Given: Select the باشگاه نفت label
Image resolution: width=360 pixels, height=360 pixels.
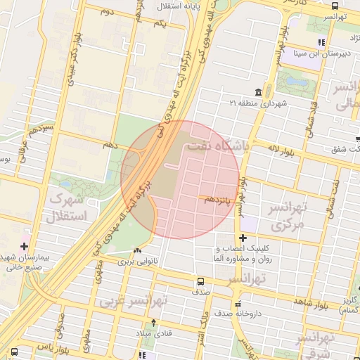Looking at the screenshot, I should pyautogui.click(x=218, y=146).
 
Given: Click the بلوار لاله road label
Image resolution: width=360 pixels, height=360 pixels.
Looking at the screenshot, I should pyautogui.click(x=283, y=148).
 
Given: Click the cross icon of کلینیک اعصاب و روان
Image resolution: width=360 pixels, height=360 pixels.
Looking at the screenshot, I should pyautogui.click(x=243, y=238).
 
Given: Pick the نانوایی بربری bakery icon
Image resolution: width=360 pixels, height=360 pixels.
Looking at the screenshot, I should pyautogui.click(x=137, y=250).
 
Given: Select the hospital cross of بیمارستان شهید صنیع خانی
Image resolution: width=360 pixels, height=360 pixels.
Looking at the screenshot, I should pyautogui.click(x=25, y=246).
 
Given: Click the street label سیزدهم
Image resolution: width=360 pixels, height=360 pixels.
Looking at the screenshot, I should pyautogui.click(x=39, y=131).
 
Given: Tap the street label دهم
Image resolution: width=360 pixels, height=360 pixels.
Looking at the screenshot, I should pyautogui.click(x=109, y=144).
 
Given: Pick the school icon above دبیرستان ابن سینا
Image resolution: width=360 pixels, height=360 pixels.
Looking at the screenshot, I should pyautogui.click(x=321, y=41).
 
